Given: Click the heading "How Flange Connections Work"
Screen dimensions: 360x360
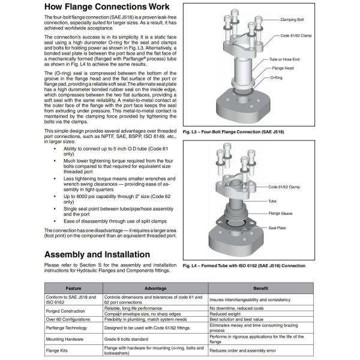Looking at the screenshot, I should coord(105,8).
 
